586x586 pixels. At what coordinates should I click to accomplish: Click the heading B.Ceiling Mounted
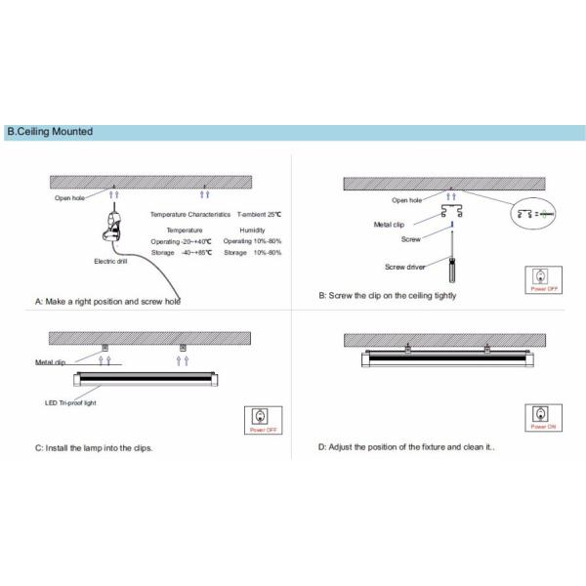[x=51, y=132]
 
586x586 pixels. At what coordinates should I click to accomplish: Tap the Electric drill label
[x=110, y=262]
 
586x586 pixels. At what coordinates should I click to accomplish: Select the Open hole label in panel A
[x=71, y=197]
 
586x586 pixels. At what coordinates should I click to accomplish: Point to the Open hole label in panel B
[x=406, y=200]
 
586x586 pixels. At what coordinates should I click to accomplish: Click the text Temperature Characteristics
[x=190, y=213]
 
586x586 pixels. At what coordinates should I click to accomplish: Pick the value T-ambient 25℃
[x=259, y=213]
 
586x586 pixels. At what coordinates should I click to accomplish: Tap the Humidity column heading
[x=252, y=229]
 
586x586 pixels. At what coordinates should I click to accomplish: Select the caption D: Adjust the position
[x=409, y=447]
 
